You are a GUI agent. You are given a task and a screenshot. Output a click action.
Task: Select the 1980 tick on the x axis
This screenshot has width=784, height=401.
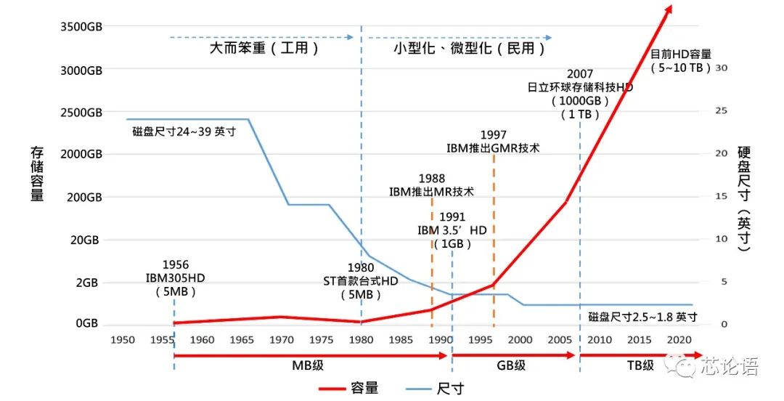click(x=361, y=339)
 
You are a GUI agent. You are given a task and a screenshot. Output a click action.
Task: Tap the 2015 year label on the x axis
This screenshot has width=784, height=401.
click(x=639, y=339)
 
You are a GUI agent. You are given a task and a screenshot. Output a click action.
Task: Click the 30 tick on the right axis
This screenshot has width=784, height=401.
click(x=721, y=67)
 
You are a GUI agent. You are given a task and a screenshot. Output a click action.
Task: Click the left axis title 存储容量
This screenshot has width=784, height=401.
click(x=37, y=174)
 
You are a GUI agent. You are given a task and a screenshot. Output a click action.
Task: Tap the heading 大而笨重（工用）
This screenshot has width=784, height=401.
click(x=264, y=49)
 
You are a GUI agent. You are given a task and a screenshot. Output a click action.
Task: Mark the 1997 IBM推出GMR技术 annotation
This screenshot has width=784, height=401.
click(x=494, y=141)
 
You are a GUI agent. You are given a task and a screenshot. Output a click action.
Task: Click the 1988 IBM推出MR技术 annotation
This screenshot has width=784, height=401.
click(x=431, y=185)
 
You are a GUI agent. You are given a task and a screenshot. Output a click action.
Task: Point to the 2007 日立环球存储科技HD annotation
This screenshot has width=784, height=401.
click(x=580, y=94)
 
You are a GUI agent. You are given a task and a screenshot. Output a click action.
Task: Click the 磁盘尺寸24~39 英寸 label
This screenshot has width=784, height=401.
click(x=184, y=131)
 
